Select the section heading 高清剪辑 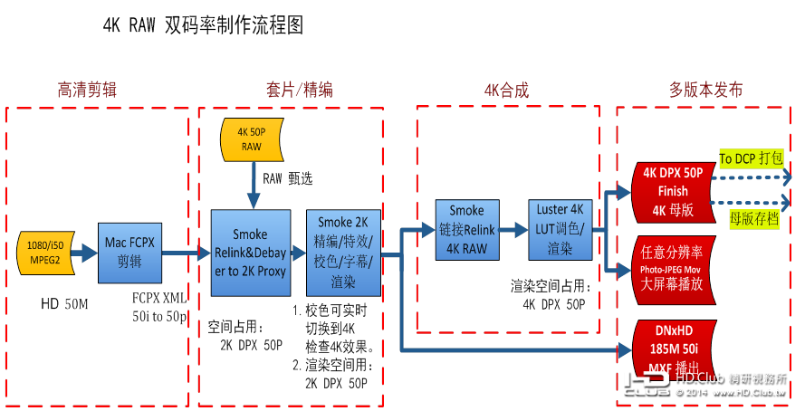coord(88,90)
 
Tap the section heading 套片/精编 coord(299,90)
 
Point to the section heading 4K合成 coord(506,90)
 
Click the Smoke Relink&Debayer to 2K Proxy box coord(251,253)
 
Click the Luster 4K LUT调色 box coord(559,230)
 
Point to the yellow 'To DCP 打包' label coord(751,158)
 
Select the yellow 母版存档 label coord(753,217)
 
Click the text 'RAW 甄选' coord(288,179)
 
